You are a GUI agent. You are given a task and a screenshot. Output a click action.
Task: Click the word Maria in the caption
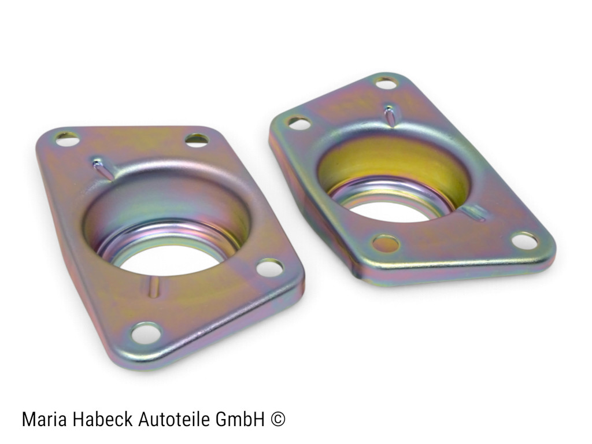45,419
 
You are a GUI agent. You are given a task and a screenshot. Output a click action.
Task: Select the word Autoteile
174,419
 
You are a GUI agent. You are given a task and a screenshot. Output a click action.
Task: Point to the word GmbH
240,419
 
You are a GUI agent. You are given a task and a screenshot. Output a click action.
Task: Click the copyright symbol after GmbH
277,420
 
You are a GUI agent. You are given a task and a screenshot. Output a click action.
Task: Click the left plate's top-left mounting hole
68,139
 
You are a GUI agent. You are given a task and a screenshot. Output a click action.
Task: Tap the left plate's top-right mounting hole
197,140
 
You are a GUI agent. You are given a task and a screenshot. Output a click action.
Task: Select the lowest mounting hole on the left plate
146,333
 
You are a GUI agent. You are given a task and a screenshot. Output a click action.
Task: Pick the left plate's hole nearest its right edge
269,268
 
